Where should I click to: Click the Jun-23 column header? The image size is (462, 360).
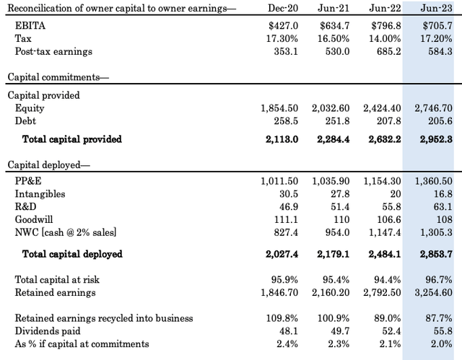(436, 8)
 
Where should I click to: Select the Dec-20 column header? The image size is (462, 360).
(283, 8)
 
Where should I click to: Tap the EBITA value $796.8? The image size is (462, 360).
(386, 26)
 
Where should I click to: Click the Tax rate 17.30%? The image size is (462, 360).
(282, 38)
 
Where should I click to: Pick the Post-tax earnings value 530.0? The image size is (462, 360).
(337, 51)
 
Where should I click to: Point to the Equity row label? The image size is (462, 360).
(30, 108)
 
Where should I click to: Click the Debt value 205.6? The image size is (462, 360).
(440, 121)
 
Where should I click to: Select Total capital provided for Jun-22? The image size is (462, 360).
(385, 139)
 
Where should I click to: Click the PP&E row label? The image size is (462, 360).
(28, 181)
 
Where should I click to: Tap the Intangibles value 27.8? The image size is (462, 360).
(340, 194)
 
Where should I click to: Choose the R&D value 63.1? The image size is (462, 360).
(443, 206)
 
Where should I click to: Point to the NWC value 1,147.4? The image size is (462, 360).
(385, 232)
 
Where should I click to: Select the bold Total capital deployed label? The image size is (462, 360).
(72, 254)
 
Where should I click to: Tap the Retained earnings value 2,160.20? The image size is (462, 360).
(331, 293)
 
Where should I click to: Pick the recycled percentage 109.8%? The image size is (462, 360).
(282, 318)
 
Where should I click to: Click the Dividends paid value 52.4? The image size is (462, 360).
(391, 331)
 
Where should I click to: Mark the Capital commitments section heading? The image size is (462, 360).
(58, 77)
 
